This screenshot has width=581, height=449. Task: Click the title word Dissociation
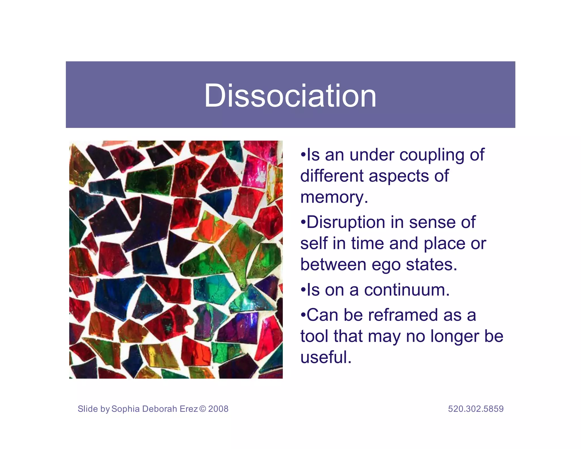coord(290,96)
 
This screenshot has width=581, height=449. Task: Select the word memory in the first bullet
coord(334,198)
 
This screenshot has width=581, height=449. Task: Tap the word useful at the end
coord(325,357)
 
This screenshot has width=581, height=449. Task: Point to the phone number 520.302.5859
coord(476,409)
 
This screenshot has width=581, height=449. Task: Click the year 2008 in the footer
coord(218,409)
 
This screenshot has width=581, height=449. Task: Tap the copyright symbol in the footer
coord(203,409)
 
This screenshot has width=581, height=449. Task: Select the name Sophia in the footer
coord(125,409)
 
